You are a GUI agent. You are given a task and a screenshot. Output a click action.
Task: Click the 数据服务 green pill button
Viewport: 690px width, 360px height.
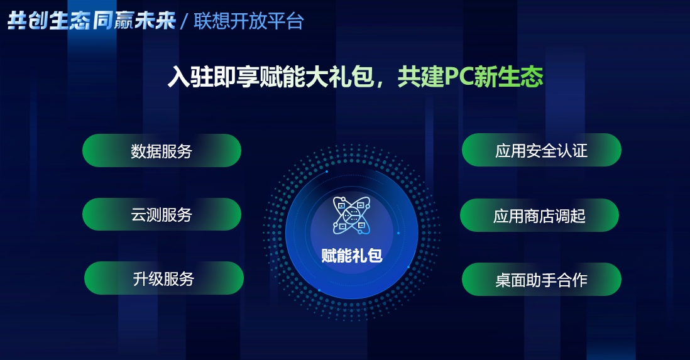(x=162, y=151)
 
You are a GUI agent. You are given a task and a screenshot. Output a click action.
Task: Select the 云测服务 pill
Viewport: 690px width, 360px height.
(x=162, y=214)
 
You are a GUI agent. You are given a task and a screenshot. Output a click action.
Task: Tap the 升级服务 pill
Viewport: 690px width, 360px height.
(x=163, y=278)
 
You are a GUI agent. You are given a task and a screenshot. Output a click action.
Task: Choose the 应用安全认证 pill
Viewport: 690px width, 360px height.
(x=541, y=150)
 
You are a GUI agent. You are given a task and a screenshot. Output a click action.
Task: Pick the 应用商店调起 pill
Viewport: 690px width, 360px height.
(x=540, y=215)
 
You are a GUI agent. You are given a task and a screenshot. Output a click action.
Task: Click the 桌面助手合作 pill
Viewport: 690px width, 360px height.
(x=541, y=280)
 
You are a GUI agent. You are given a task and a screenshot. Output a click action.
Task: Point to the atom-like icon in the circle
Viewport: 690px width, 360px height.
(x=351, y=215)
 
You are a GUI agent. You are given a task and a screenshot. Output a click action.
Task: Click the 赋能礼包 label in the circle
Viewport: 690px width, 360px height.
(x=352, y=255)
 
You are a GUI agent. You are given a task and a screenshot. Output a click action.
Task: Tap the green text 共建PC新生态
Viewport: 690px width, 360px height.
(x=471, y=77)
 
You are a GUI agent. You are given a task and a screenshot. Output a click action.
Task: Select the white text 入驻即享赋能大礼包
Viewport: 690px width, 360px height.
(x=271, y=77)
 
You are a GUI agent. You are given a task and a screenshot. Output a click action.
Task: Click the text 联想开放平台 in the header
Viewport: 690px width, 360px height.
(x=249, y=21)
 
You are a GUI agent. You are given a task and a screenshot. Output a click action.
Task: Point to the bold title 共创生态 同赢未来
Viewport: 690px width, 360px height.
(x=92, y=21)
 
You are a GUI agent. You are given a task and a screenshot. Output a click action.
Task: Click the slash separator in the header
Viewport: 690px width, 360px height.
(x=184, y=21)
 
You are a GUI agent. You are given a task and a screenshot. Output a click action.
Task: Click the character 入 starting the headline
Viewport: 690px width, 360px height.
(x=179, y=77)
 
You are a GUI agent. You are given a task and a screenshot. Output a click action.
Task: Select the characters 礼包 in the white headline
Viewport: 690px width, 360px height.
(x=351, y=77)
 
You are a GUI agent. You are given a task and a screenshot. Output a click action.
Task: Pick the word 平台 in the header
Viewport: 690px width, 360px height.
(x=285, y=21)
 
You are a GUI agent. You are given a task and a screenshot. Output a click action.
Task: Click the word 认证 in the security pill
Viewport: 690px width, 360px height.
(x=572, y=151)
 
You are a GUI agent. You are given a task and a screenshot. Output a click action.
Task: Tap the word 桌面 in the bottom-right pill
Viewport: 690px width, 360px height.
(x=510, y=280)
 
